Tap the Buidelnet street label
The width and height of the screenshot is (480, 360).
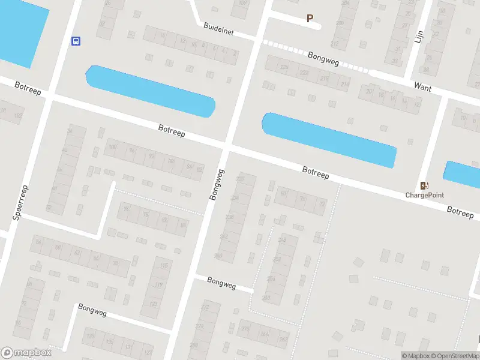tap(218, 28)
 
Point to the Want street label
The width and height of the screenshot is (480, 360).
tap(422, 86)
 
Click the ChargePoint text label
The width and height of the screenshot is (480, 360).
tap(425, 195)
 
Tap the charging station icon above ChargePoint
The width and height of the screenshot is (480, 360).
tap(425, 185)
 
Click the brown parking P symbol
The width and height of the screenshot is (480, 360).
tap(310, 19)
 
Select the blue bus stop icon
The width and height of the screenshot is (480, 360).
tap(76, 41)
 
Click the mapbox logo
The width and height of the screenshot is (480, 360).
tap(26, 353)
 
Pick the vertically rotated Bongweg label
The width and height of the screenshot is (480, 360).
tap(217, 184)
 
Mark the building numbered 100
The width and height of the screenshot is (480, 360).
tap(112, 146)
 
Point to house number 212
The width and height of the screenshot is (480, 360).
tap(334, 44)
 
